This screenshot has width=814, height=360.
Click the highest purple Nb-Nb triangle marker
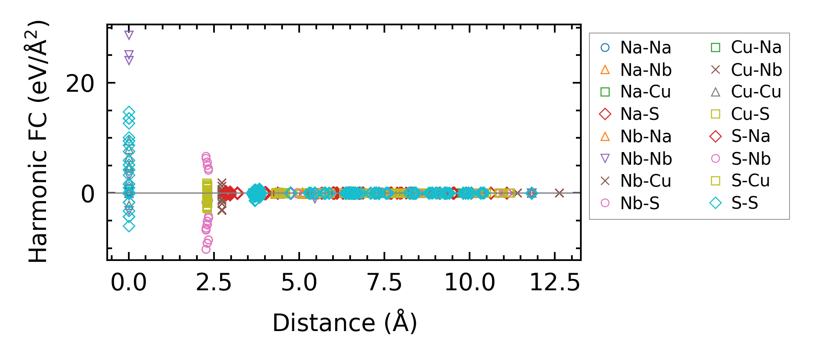click(x=129, y=35)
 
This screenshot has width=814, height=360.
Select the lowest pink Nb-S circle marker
click(x=206, y=249)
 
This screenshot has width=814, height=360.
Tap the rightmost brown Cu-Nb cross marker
click(x=559, y=193)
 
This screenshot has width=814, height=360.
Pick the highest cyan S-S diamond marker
click(x=129, y=112)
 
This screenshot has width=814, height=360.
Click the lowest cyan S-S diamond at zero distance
click(x=129, y=226)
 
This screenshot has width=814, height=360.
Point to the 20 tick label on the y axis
click(x=80, y=84)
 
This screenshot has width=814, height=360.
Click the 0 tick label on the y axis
click(x=88, y=194)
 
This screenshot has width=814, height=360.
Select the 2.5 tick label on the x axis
click(x=214, y=283)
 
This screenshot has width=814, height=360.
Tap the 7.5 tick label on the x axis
click(x=384, y=283)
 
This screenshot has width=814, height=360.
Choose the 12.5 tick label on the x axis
click(x=554, y=283)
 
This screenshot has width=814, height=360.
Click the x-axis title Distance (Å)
click(x=344, y=323)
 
